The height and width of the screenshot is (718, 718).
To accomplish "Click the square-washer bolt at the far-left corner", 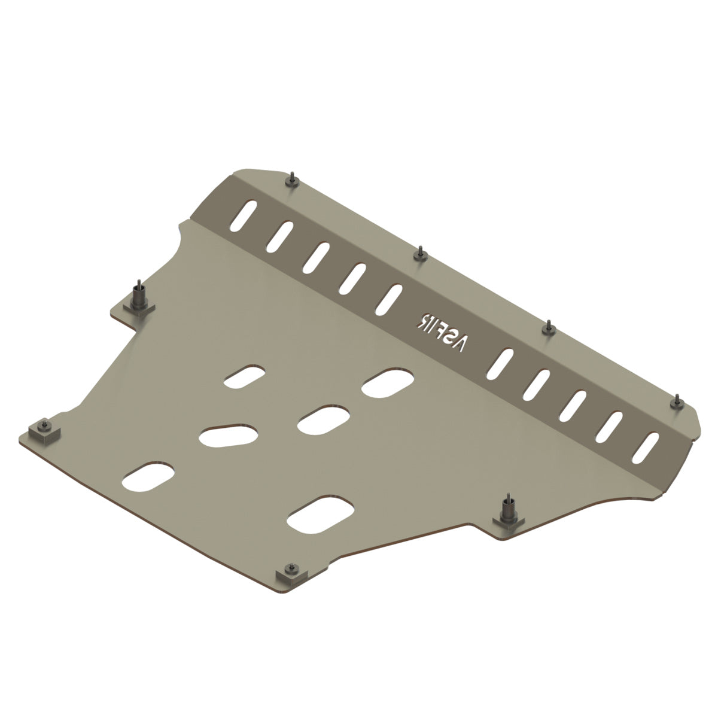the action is tap(44, 431).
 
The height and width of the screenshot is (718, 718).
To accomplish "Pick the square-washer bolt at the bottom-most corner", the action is tap(291, 584).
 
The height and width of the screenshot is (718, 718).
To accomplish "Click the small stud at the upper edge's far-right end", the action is tap(677, 403).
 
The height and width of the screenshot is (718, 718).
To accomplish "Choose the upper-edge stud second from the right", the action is tap(549, 328).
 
